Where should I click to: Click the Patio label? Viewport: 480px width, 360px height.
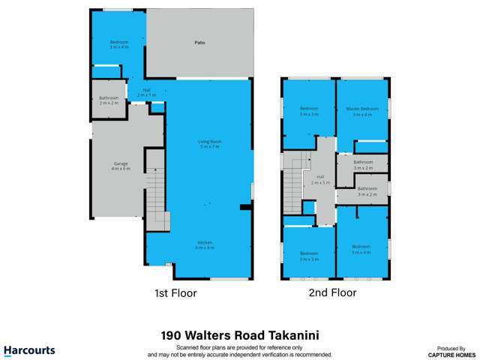coord(200,43)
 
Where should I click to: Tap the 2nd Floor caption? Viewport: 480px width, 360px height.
coord(332,292)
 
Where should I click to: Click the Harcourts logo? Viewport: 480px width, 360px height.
coord(29,350)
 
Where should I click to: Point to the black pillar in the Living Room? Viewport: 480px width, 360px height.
coord(244,207)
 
